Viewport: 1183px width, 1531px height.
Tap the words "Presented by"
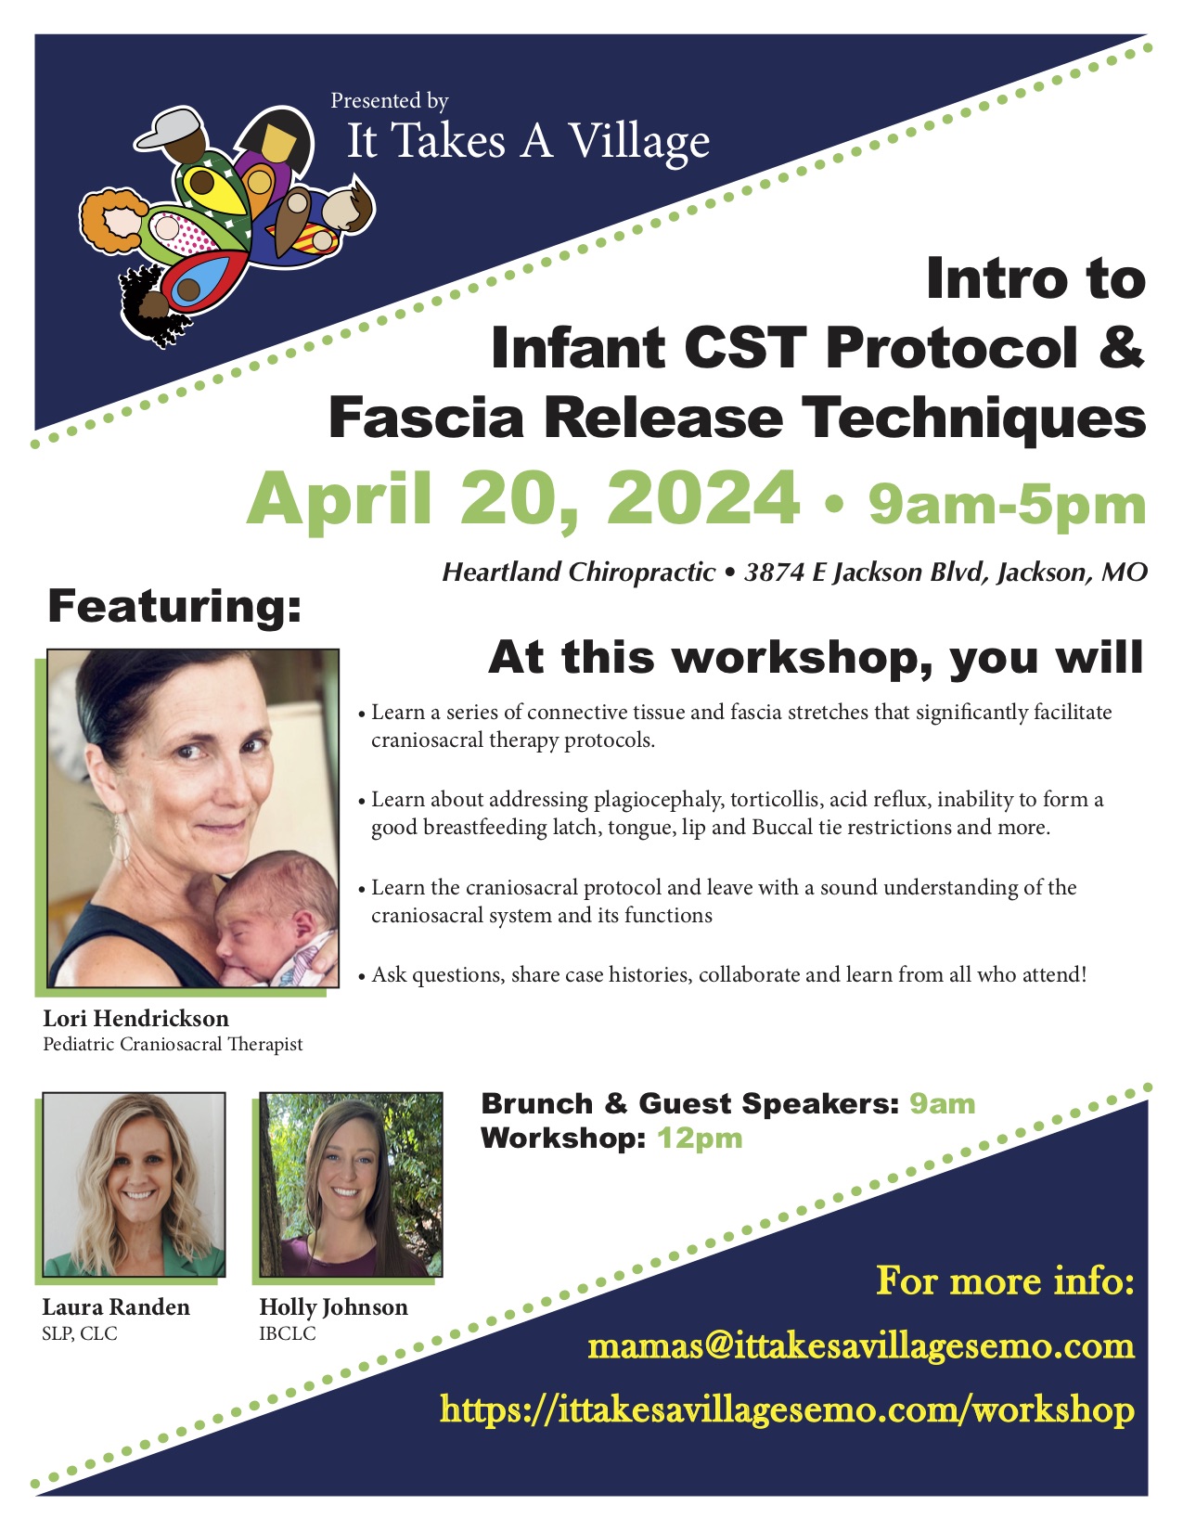390,101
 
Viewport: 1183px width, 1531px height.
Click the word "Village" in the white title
639,143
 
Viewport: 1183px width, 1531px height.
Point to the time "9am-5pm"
1007,505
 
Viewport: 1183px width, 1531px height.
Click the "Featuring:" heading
174,607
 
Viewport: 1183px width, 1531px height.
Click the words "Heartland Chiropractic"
578,573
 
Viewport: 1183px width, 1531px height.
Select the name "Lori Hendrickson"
136,1019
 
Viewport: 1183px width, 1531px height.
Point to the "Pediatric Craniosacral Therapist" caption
173,1044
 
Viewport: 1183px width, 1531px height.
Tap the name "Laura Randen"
116,1307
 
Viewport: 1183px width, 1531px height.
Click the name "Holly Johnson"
333,1307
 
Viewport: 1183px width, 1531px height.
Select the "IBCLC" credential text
288,1333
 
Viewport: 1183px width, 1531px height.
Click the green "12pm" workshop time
700,1139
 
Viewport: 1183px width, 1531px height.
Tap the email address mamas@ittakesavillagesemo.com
861,1346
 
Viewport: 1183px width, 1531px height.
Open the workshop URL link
787,1409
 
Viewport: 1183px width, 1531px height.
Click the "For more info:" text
1006,1280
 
